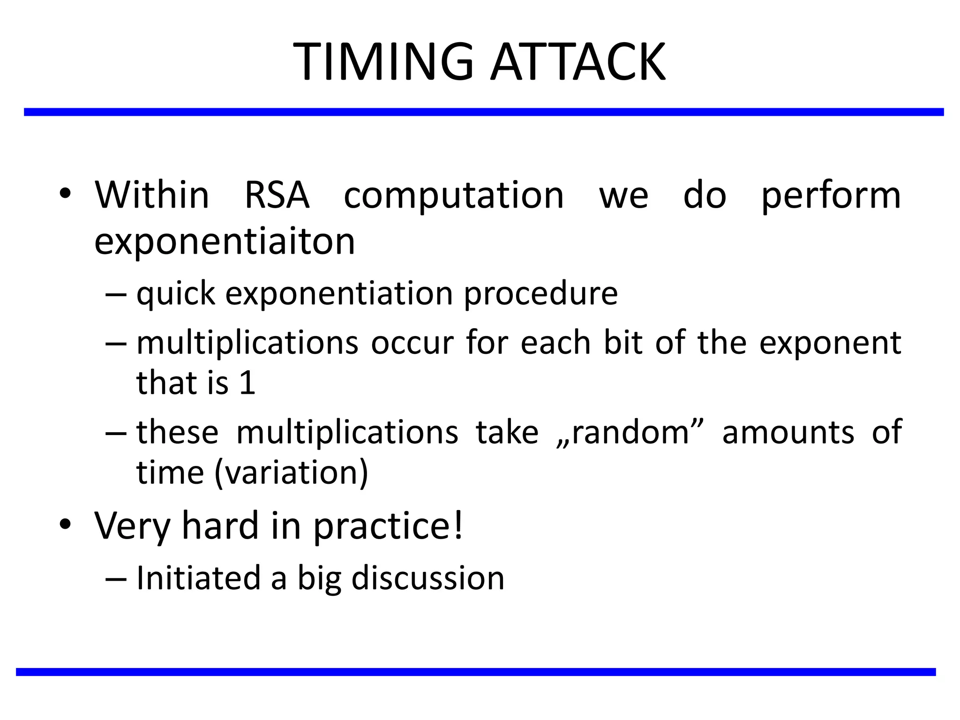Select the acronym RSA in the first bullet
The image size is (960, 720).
[277, 195]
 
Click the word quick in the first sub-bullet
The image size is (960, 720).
[176, 294]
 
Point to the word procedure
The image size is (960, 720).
[540, 294]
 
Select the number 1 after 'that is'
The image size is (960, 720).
[247, 383]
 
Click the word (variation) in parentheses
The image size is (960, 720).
[292, 472]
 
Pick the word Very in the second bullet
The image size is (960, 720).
[132, 526]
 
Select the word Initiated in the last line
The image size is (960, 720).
[198, 578]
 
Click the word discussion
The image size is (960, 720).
[427, 578]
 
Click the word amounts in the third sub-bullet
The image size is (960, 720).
[788, 432]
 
